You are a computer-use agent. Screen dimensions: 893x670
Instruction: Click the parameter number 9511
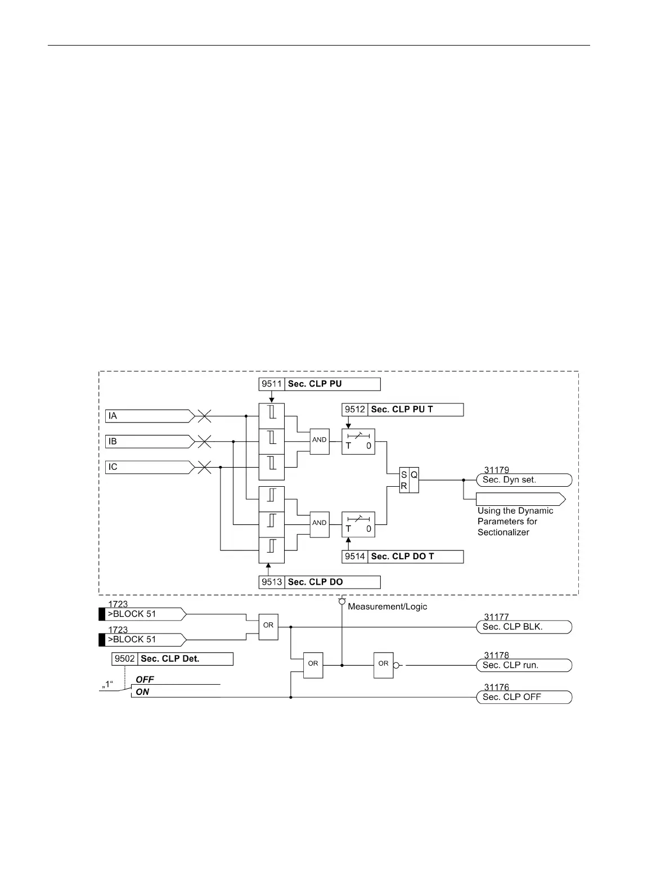click(x=272, y=384)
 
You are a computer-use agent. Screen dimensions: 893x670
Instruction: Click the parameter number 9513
click(x=272, y=582)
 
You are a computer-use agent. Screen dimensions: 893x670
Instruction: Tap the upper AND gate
click(x=320, y=440)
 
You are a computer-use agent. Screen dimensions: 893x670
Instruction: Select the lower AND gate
click(x=320, y=523)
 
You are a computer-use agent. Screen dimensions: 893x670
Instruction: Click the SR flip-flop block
click(x=409, y=480)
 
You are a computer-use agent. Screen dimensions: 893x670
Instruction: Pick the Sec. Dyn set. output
click(x=524, y=480)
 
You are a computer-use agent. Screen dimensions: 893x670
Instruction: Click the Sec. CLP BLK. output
click(x=524, y=627)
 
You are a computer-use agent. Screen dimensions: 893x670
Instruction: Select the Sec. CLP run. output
click(x=524, y=665)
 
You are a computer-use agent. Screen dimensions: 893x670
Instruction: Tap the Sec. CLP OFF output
click(x=524, y=697)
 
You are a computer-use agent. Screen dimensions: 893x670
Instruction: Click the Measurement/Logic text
click(x=388, y=607)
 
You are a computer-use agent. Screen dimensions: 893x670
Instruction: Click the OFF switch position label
click(x=145, y=680)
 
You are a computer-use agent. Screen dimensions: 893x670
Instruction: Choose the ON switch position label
click(x=142, y=692)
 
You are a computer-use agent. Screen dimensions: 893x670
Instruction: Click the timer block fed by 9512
click(x=358, y=442)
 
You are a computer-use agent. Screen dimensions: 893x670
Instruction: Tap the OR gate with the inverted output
click(x=384, y=665)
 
